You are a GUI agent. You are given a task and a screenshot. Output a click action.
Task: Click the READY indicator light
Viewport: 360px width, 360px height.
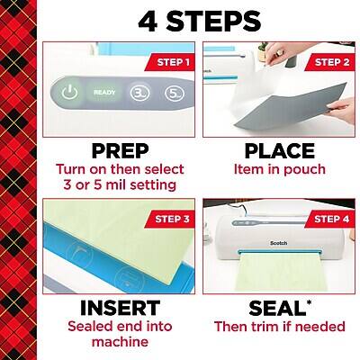(x=105, y=91)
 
